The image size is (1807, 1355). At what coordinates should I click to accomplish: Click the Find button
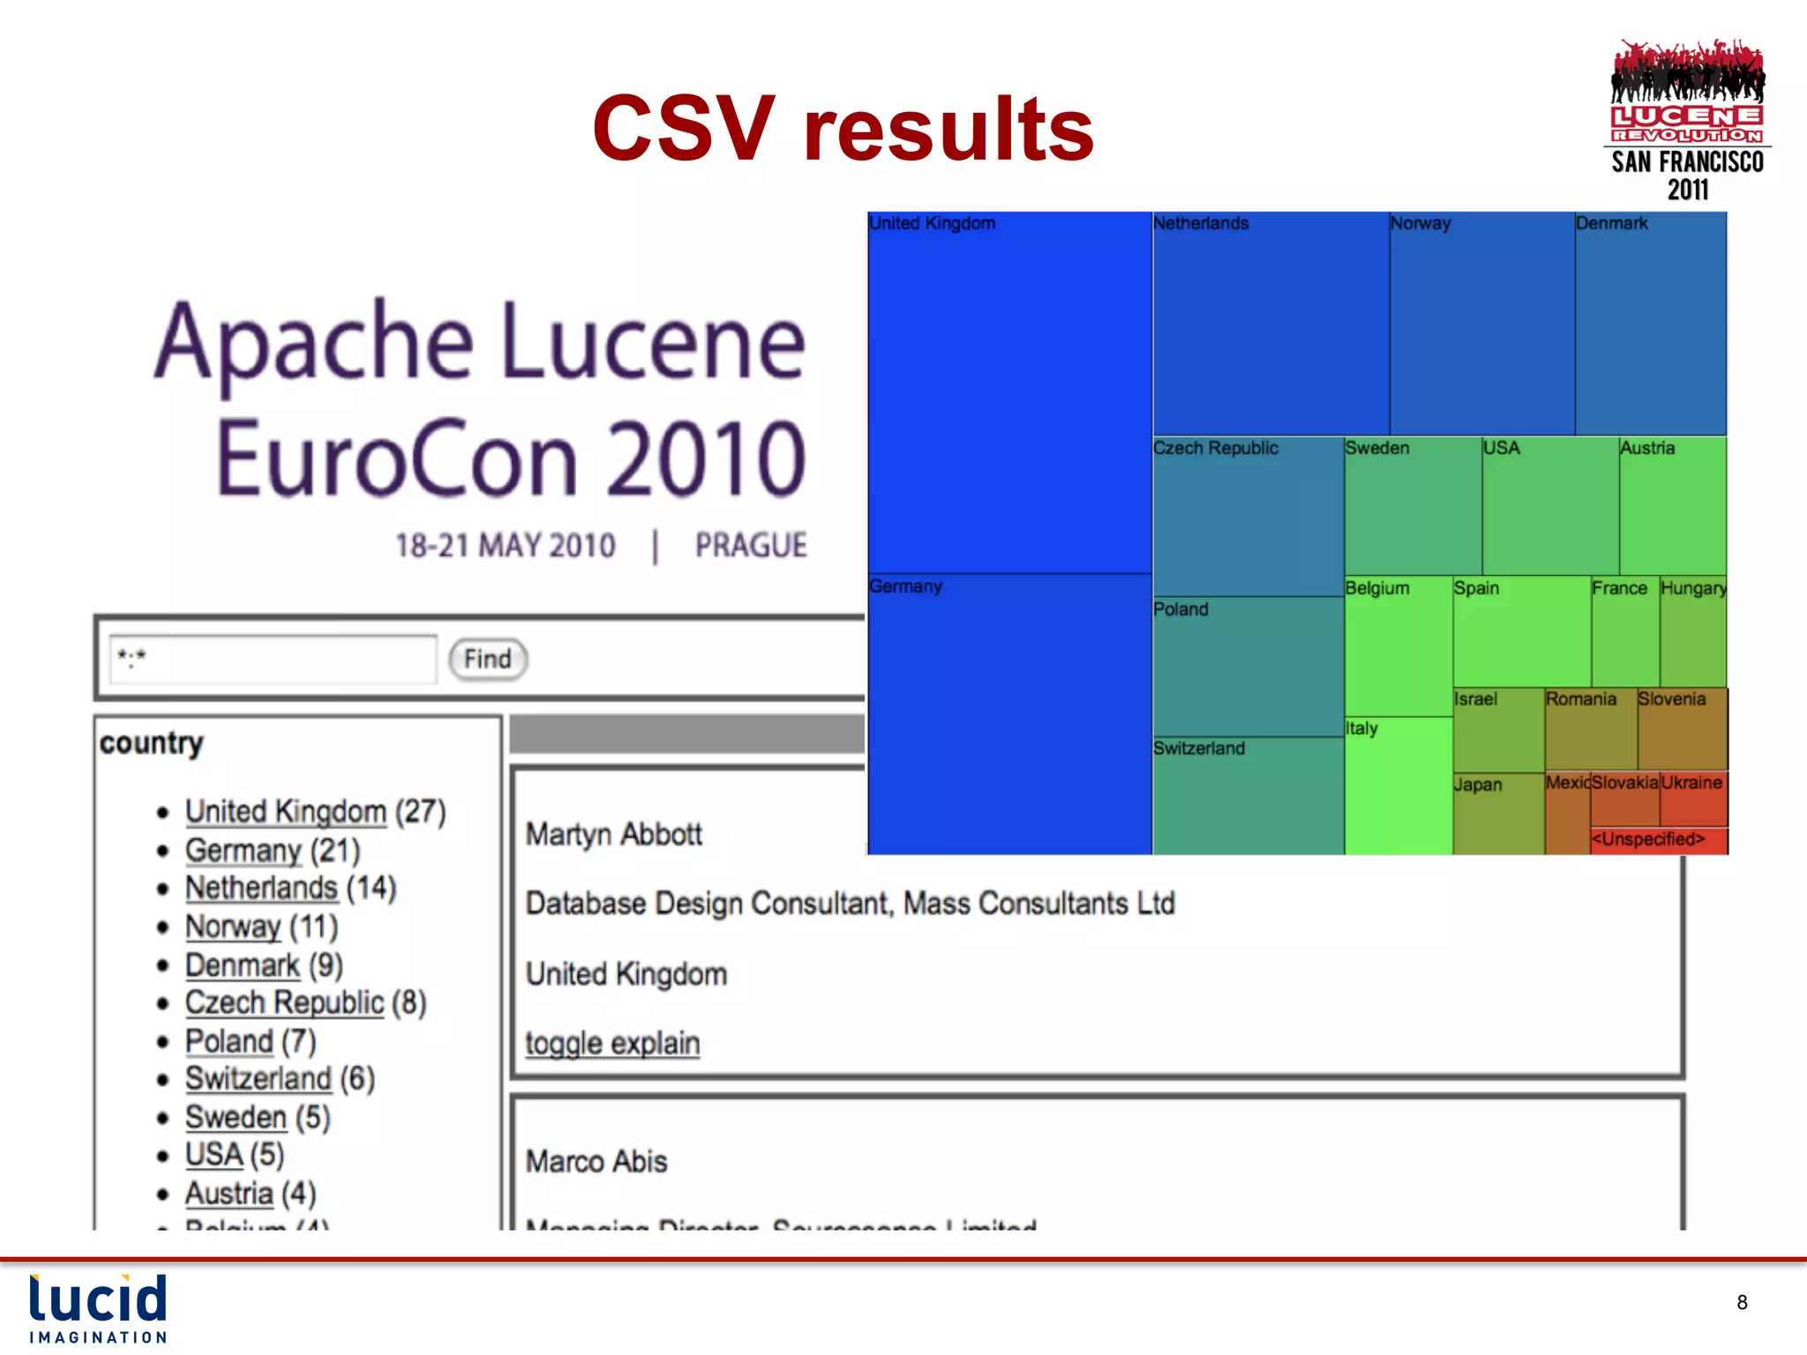pyautogui.click(x=488, y=659)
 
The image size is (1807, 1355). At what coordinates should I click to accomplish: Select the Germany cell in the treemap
pyautogui.click(x=1009, y=714)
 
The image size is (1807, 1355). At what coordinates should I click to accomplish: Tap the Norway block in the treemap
pyautogui.click(x=1481, y=323)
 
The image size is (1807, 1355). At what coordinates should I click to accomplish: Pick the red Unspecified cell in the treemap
pyautogui.click(x=1659, y=840)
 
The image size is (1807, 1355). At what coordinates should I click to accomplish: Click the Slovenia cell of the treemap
pyautogui.click(x=1682, y=729)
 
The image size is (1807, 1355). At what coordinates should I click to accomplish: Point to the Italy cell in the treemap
pyautogui.click(x=1398, y=785)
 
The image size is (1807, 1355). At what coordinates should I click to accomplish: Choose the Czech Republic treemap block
pyautogui.click(x=1248, y=516)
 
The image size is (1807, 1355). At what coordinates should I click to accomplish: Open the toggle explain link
pyautogui.click(x=612, y=1044)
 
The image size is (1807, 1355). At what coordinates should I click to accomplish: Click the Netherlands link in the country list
pyautogui.click(x=261, y=888)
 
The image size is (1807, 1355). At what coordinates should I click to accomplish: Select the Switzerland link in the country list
pyautogui.click(x=258, y=1079)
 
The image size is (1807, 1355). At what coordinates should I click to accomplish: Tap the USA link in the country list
pyautogui.click(x=214, y=1155)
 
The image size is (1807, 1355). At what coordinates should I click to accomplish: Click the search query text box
pyautogui.click(x=273, y=659)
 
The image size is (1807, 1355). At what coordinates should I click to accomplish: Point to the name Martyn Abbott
pyautogui.click(x=614, y=835)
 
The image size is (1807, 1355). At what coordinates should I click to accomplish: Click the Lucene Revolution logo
pyautogui.click(x=1687, y=119)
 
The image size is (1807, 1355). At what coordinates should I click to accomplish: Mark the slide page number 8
pyautogui.click(x=1742, y=1303)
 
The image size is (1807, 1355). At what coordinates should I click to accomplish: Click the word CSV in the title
pyautogui.click(x=684, y=129)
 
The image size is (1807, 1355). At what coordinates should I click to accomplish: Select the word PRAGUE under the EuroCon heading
pyautogui.click(x=751, y=546)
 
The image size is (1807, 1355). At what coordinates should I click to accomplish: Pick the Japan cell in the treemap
pyautogui.click(x=1498, y=813)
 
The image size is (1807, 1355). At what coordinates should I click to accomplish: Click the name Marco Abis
pyautogui.click(x=596, y=1162)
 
